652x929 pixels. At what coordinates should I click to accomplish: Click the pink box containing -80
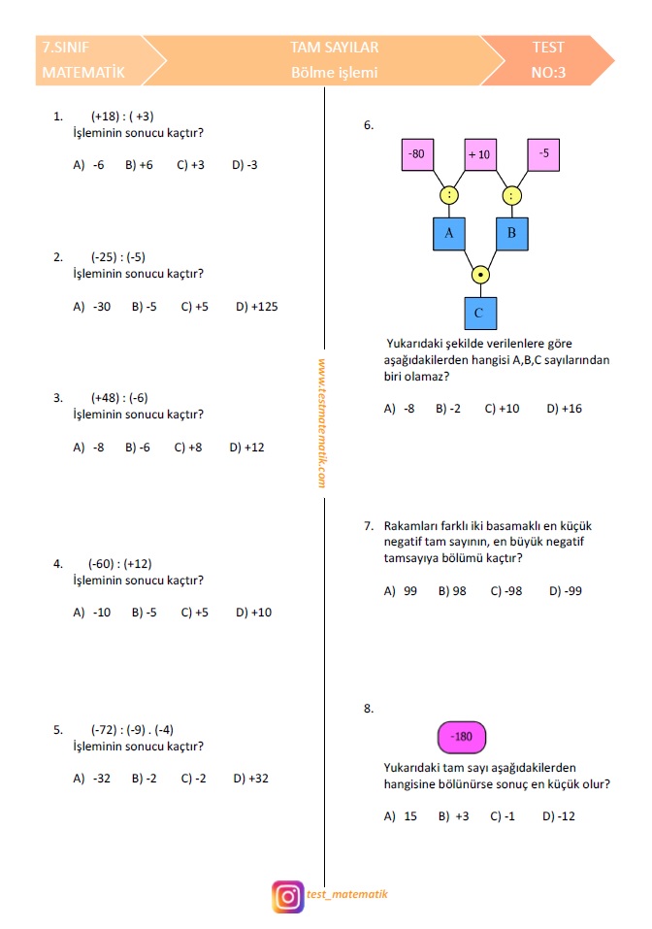point(417,154)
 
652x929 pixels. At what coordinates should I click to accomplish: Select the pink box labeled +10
point(480,154)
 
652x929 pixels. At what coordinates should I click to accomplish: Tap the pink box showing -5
point(543,154)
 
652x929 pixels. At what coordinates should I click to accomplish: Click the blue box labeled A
point(448,233)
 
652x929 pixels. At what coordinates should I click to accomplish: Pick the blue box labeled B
point(511,233)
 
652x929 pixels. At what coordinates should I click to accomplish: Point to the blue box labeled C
point(479,314)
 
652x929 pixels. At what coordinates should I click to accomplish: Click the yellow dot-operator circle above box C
point(479,275)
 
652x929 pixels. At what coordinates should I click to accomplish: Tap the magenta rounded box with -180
point(462,737)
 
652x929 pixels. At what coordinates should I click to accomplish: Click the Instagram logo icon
point(288,896)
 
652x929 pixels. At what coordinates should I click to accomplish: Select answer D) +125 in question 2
point(256,307)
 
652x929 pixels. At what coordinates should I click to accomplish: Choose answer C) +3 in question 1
point(190,165)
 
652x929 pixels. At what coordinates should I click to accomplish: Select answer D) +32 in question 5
point(250,779)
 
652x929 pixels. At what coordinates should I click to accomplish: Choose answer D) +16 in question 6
point(564,409)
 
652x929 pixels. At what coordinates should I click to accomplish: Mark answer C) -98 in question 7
point(505,591)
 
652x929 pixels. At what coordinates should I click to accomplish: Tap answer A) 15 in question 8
point(400,816)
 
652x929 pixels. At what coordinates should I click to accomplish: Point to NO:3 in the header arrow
point(548,73)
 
